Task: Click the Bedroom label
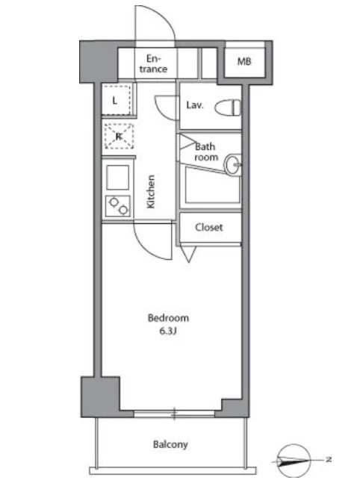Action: point(168,318)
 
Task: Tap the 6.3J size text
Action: point(168,331)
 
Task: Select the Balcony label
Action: point(170,444)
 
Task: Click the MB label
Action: point(244,61)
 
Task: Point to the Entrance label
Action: point(154,63)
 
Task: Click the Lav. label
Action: point(194,105)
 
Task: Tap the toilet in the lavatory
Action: point(228,107)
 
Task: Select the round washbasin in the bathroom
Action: point(233,164)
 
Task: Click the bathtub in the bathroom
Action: point(212,186)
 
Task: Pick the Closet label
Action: point(209,228)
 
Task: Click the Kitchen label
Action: point(151,192)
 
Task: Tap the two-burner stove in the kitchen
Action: point(118,206)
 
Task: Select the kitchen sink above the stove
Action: point(118,178)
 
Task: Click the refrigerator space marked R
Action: point(119,136)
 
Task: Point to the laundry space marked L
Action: point(117,100)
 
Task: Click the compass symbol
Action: point(294,460)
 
